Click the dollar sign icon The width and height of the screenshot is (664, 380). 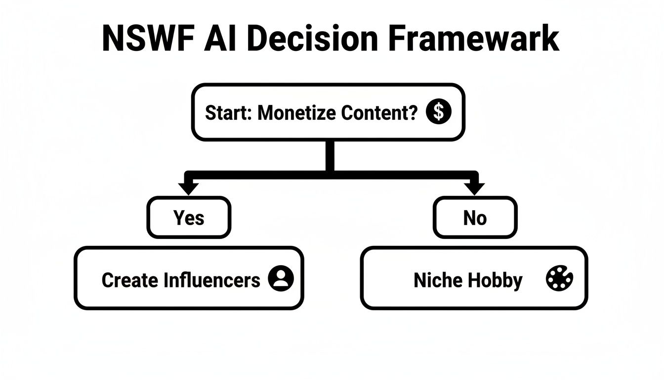coord(438,112)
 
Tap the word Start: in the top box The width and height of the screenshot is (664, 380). coord(229,113)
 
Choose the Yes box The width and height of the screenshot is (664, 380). coord(189,218)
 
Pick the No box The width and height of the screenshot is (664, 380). coord(475,218)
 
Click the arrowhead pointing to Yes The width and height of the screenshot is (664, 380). coord(189,188)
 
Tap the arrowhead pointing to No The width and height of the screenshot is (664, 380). coord(475,188)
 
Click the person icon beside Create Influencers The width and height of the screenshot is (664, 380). coord(281,279)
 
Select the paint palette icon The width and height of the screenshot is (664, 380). coord(559,279)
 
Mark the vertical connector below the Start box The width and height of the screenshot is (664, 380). coord(330,156)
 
